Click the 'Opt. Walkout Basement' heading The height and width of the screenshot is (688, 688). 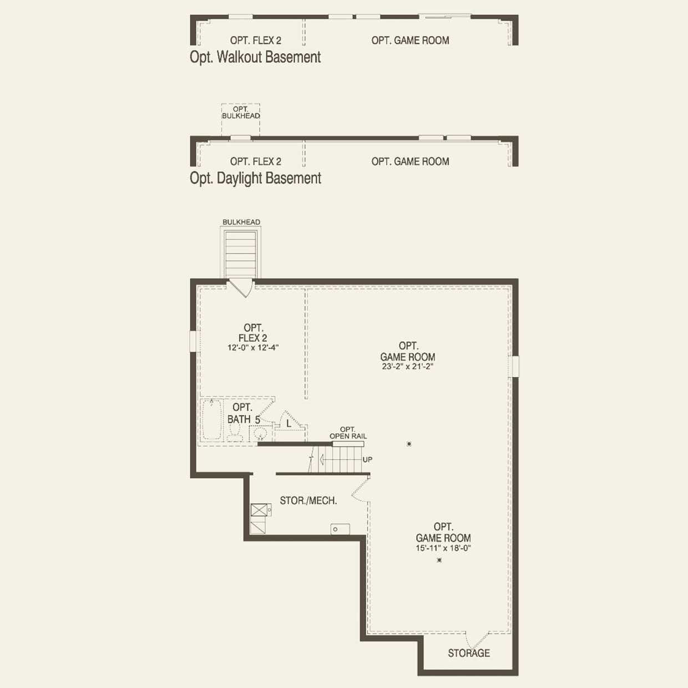[255, 57]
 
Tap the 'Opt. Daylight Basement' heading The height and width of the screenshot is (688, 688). [255, 178]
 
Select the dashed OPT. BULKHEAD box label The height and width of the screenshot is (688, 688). [241, 113]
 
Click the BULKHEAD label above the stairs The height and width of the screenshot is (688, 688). [241, 222]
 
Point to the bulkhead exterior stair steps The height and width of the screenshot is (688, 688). [241, 253]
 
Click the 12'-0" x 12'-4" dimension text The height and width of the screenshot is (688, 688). [253, 348]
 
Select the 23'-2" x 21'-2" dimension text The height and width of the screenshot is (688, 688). [408, 367]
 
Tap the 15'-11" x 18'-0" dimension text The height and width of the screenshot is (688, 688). [443, 548]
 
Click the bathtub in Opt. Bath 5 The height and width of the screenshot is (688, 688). [211, 420]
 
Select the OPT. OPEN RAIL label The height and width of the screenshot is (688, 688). [348, 433]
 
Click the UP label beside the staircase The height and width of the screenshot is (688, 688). [367, 459]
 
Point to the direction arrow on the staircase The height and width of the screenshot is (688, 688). [312, 459]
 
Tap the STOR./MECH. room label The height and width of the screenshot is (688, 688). [308, 500]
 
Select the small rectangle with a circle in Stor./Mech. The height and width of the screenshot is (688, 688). [340, 529]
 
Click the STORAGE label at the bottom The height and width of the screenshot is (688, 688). [469, 653]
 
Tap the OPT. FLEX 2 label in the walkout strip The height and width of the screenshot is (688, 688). [255, 41]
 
